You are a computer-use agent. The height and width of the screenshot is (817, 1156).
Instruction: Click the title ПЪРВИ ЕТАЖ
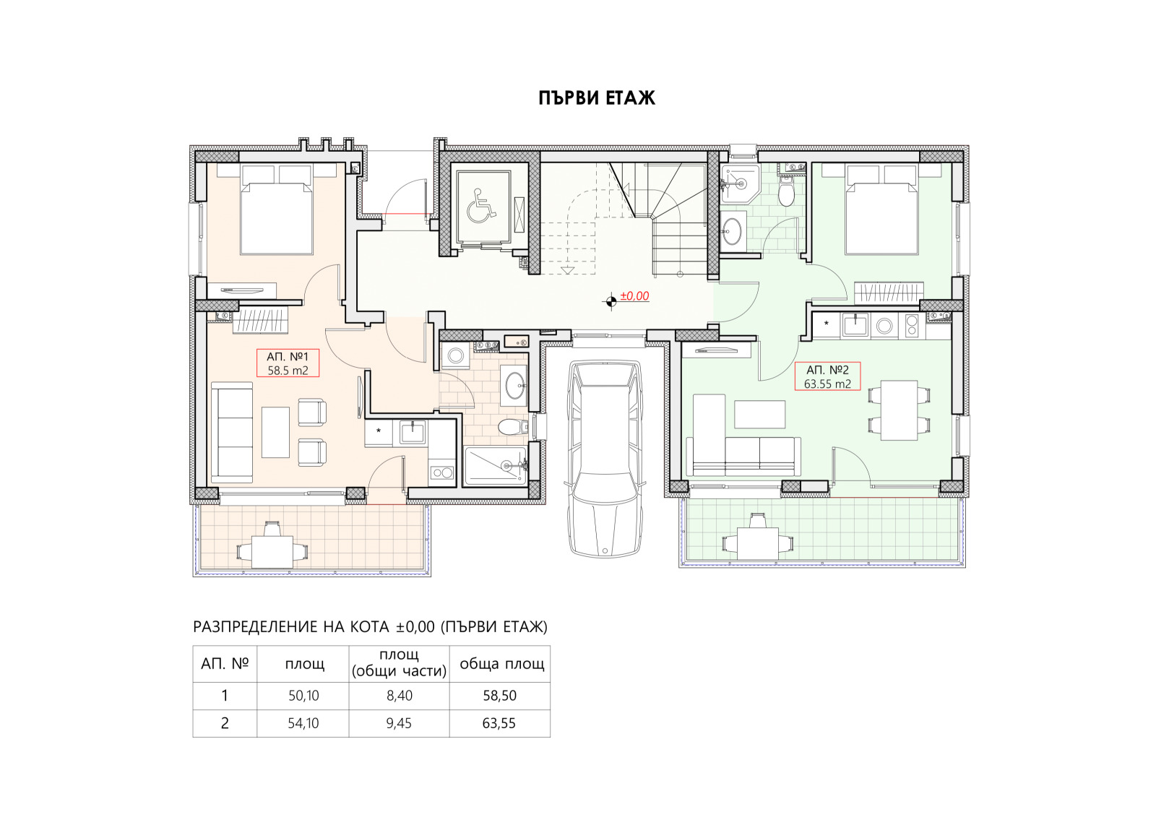pyautogui.click(x=597, y=98)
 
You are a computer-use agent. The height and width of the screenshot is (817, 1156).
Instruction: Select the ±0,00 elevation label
pyautogui.click(x=634, y=296)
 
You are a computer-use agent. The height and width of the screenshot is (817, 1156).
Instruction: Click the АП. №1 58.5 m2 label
pyautogui.click(x=288, y=363)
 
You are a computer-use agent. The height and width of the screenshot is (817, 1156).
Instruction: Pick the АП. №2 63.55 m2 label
pyautogui.click(x=827, y=376)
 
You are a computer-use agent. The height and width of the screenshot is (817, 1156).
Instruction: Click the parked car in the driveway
pyautogui.click(x=605, y=459)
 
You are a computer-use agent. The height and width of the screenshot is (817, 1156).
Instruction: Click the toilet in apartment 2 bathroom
pyautogui.click(x=786, y=192)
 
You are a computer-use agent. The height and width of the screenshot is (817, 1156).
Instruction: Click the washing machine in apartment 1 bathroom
pyautogui.click(x=455, y=355)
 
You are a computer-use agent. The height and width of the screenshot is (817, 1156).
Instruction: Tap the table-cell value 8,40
pyautogui.click(x=400, y=696)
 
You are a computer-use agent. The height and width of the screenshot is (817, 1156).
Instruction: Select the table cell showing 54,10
pyautogui.click(x=303, y=723)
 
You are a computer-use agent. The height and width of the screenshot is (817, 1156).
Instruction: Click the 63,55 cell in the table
pyautogui.click(x=499, y=723)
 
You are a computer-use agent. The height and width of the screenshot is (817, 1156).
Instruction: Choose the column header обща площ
pyautogui.click(x=501, y=664)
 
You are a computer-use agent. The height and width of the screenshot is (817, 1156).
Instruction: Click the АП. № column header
pyautogui.click(x=225, y=664)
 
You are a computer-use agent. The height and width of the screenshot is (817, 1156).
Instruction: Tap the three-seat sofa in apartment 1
pyautogui.click(x=232, y=433)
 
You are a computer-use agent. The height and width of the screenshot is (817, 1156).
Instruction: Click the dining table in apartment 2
pyautogui.click(x=899, y=410)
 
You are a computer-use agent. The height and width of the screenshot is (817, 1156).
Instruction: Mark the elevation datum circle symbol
pyautogui.click(x=611, y=301)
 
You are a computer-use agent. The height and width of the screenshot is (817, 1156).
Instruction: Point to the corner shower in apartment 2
pyautogui.click(x=740, y=183)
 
